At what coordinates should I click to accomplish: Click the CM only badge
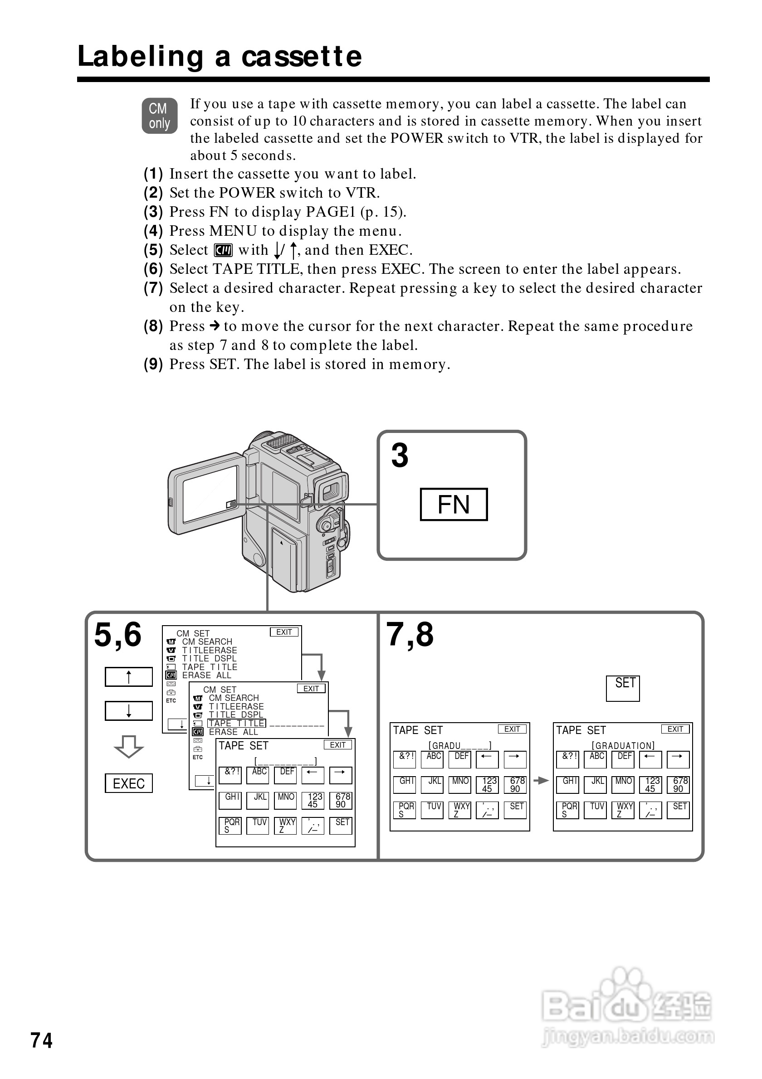click(x=159, y=116)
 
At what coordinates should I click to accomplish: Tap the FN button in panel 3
click(x=453, y=504)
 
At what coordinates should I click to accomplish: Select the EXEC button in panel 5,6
click(x=128, y=783)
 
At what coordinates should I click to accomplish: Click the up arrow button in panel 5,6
click(x=128, y=677)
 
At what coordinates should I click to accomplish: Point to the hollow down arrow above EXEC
click(x=128, y=747)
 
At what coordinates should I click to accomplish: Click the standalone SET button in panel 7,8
click(x=623, y=688)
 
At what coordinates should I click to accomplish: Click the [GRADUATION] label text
click(x=623, y=746)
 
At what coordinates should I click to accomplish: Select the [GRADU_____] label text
click(x=460, y=746)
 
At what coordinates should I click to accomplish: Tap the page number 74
click(x=41, y=1040)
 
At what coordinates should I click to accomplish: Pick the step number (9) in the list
click(x=153, y=364)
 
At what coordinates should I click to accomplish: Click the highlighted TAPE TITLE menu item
click(x=236, y=723)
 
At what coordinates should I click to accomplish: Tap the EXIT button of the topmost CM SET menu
click(x=284, y=632)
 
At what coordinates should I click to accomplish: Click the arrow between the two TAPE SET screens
click(x=542, y=781)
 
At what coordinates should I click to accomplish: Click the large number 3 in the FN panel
click(x=400, y=455)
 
